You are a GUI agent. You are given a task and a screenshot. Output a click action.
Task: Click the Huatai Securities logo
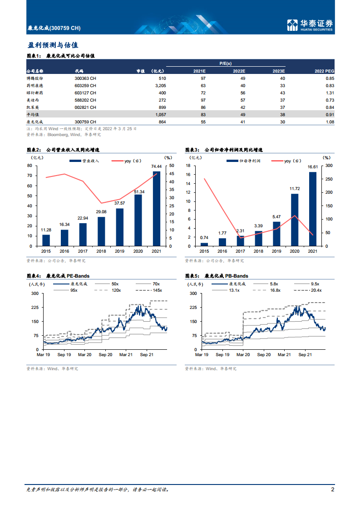[x=310, y=24]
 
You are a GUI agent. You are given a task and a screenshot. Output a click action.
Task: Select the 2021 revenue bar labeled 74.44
[x=156, y=209]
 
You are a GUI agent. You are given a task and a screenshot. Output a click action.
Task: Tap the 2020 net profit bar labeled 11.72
[x=295, y=220]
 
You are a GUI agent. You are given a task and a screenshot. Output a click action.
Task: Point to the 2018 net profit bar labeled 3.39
[x=258, y=238]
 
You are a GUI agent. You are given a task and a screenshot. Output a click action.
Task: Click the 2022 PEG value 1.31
[x=330, y=93]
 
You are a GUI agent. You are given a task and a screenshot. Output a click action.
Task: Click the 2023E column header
[x=278, y=71]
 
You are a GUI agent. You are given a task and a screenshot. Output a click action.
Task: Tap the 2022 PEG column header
[x=324, y=71]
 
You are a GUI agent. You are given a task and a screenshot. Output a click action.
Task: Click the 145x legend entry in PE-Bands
[x=158, y=290]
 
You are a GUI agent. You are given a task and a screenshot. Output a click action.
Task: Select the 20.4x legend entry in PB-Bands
[x=316, y=290]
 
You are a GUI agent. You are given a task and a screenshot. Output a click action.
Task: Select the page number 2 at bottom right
[x=333, y=489]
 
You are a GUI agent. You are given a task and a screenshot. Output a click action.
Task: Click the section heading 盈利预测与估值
[x=53, y=45]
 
